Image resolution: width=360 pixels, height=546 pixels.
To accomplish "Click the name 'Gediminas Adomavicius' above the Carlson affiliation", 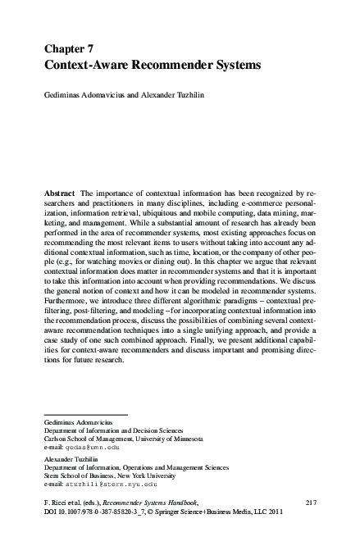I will (79, 421).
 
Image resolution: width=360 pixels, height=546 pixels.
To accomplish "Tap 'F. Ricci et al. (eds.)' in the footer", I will (72, 500).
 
